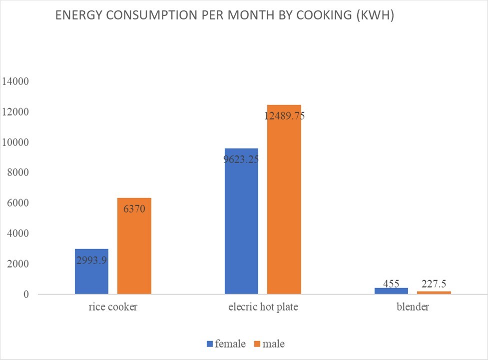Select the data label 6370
pyautogui.click(x=134, y=209)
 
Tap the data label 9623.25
pyautogui.click(x=241, y=159)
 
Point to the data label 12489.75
pyautogui.click(x=284, y=116)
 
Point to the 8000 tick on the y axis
pyautogui.click(x=17, y=172)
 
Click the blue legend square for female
pyautogui.click(x=210, y=344)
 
